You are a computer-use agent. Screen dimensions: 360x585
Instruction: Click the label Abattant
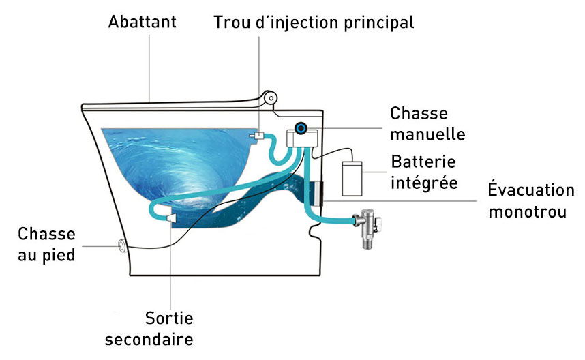[142, 22]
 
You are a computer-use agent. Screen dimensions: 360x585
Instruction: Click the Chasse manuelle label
[427, 123]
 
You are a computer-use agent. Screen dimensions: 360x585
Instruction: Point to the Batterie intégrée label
[423, 173]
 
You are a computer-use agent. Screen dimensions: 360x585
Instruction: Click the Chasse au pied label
[46, 245]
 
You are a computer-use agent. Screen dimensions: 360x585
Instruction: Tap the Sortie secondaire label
[169, 328]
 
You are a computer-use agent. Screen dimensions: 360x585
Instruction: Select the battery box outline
[354, 177]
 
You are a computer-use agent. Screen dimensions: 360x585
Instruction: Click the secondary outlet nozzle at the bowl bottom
[170, 218]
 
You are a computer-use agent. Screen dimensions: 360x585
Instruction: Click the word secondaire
[169, 339]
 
